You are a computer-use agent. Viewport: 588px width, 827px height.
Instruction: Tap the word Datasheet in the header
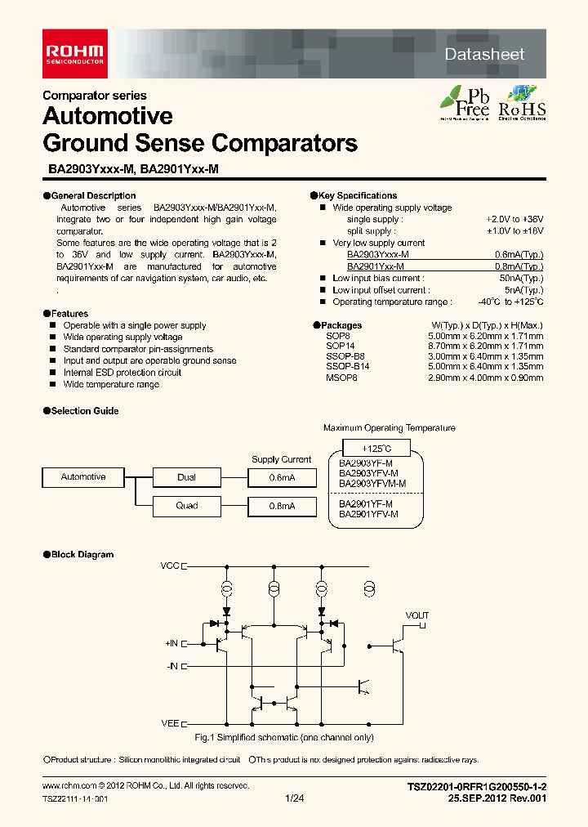point(484,55)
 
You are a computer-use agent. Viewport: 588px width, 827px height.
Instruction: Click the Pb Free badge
point(465,103)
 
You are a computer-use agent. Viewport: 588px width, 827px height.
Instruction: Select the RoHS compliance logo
point(523,103)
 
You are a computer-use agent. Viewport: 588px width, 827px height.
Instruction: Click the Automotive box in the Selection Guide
point(83,476)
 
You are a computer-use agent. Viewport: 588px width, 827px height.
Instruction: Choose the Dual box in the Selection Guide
point(186,477)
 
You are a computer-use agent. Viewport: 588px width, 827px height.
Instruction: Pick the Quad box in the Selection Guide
point(186,505)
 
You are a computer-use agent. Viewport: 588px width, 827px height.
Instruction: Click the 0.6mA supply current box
point(283,477)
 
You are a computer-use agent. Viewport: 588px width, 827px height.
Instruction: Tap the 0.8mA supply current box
point(283,506)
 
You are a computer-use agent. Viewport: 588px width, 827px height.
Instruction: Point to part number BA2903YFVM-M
point(372,483)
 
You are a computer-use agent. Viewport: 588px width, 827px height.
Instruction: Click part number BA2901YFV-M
point(368,514)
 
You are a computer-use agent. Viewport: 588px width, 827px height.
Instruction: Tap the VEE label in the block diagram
point(170,723)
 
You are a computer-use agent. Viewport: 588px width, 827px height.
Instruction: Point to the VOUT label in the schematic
point(416,615)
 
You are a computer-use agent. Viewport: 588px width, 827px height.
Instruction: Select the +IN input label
point(171,644)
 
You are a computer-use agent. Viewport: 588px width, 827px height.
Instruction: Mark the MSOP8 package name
point(341,378)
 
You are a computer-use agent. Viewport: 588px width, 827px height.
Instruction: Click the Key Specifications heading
point(357,196)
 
